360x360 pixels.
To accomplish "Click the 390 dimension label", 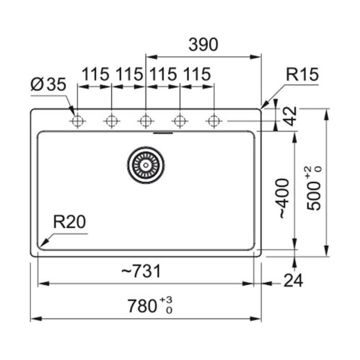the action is pyautogui.click(x=203, y=45).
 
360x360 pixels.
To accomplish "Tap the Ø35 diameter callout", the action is pyautogui.click(x=48, y=84).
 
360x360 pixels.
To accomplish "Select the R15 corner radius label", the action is pyautogui.click(x=302, y=74).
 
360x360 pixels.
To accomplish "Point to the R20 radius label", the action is pyautogui.click(x=69, y=221).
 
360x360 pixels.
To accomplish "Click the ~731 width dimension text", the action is pyautogui.click(x=141, y=271).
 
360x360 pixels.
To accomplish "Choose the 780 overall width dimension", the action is pyautogui.click(x=142, y=306).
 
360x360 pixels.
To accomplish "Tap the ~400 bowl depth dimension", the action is pyautogui.click(x=284, y=198).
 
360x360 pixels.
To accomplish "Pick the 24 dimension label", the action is pyautogui.click(x=293, y=281).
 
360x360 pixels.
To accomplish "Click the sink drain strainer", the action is pyautogui.click(x=146, y=165).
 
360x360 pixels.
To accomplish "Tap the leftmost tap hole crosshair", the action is pyautogui.click(x=77, y=121).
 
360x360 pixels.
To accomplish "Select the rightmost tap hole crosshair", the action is pyautogui.click(x=214, y=121).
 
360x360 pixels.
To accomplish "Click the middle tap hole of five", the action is pyautogui.click(x=146, y=121).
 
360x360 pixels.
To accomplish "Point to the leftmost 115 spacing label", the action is pyautogui.click(x=95, y=74).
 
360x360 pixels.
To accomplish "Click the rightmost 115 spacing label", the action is pyautogui.click(x=197, y=74).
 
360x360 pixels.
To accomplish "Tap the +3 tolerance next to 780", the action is pyautogui.click(x=166, y=300).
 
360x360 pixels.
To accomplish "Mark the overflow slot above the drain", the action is pyautogui.click(x=163, y=132).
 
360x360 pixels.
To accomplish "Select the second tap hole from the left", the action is pyautogui.click(x=111, y=121).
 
